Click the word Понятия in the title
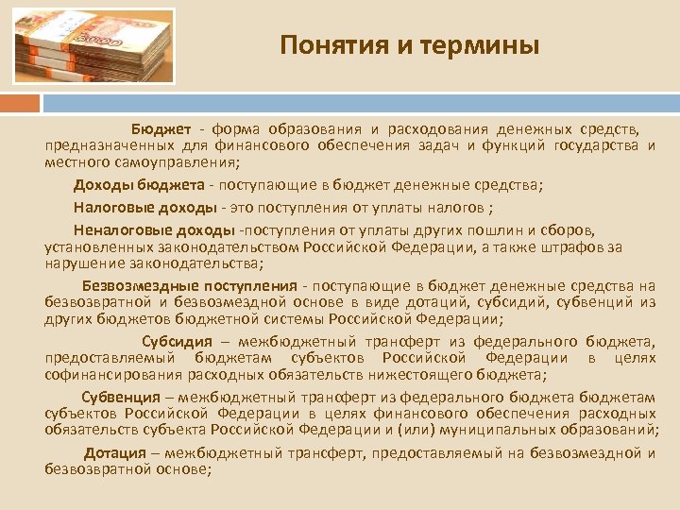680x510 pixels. click(323, 44)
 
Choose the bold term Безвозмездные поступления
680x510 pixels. click(190, 286)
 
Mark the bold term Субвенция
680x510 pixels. click(120, 396)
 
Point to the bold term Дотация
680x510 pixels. click(115, 453)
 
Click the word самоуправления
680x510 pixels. click(157, 161)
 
